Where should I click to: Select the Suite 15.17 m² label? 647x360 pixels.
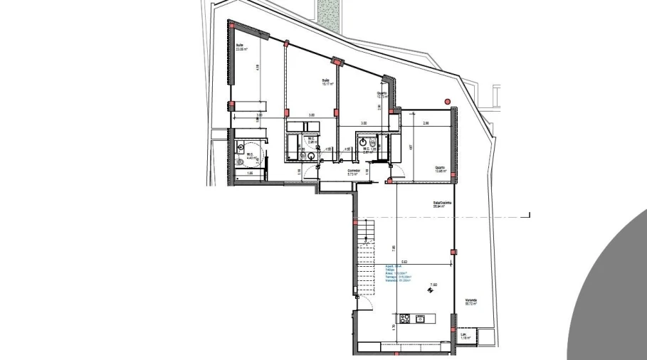point(327,82)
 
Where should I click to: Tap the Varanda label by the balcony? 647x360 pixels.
point(471,301)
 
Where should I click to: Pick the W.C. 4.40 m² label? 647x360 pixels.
point(251,157)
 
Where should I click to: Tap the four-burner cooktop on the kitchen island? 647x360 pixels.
point(405,319)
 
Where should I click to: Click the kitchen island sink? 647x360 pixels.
point(421,319)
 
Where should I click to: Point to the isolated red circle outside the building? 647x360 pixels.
point(447,101)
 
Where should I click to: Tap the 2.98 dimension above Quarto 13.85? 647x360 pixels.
point(426,124)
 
